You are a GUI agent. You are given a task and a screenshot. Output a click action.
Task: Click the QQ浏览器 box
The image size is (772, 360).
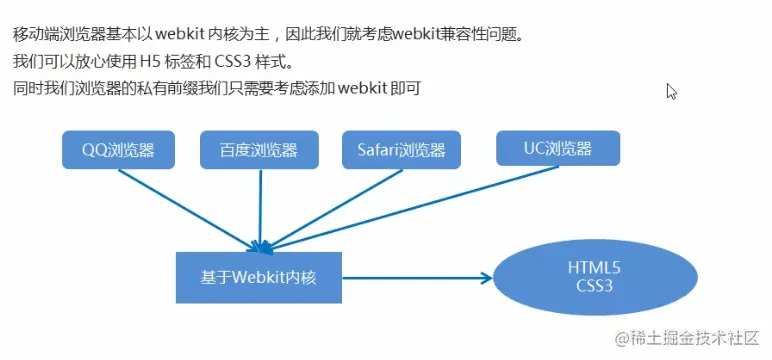(x=118, y=150)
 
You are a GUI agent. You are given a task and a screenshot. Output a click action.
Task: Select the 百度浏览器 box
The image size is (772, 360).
(x=259, y=150)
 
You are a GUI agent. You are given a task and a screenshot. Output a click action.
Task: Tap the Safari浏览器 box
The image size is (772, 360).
(x=401, y=150)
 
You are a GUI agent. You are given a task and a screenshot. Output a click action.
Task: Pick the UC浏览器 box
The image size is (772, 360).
(x=558, y=149)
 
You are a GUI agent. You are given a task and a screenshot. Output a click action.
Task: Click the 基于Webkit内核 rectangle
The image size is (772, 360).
(x=258, y=276)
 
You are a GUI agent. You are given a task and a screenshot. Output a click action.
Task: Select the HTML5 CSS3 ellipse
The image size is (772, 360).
(x=594, y=276)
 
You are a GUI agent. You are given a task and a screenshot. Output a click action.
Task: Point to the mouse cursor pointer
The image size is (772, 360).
(x=672, y=91)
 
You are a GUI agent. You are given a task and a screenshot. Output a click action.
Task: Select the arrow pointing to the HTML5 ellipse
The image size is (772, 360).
(x=420, y=277)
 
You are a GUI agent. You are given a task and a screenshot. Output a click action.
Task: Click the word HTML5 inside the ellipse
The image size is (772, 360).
(x=594, y=267)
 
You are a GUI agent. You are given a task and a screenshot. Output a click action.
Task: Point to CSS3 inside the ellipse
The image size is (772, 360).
(x=594, y=285)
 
